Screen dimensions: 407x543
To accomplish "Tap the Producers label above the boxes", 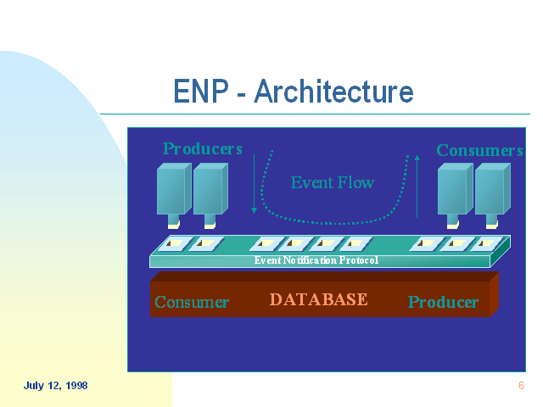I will (203, 149).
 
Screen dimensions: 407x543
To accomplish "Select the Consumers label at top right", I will (479, 151).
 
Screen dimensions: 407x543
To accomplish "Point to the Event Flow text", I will (332, 182).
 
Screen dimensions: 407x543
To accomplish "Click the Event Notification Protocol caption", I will (316, 260).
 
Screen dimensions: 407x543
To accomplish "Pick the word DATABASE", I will (318, 299).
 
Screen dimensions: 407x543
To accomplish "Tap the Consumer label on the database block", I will (192, 302).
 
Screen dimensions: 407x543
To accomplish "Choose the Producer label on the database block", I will (443, 302).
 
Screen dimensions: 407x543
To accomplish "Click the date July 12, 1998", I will (55, 386).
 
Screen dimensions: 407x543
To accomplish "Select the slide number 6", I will (521, 386).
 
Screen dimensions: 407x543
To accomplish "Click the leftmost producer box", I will (173, 190).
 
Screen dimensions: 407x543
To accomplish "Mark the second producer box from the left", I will (210, 190).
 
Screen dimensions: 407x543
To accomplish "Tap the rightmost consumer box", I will (491, 190).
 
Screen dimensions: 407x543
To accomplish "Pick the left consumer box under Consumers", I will (454, 190).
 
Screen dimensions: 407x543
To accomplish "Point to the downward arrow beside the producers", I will (254, 182).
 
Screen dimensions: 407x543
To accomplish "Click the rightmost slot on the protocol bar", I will (486, 244).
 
